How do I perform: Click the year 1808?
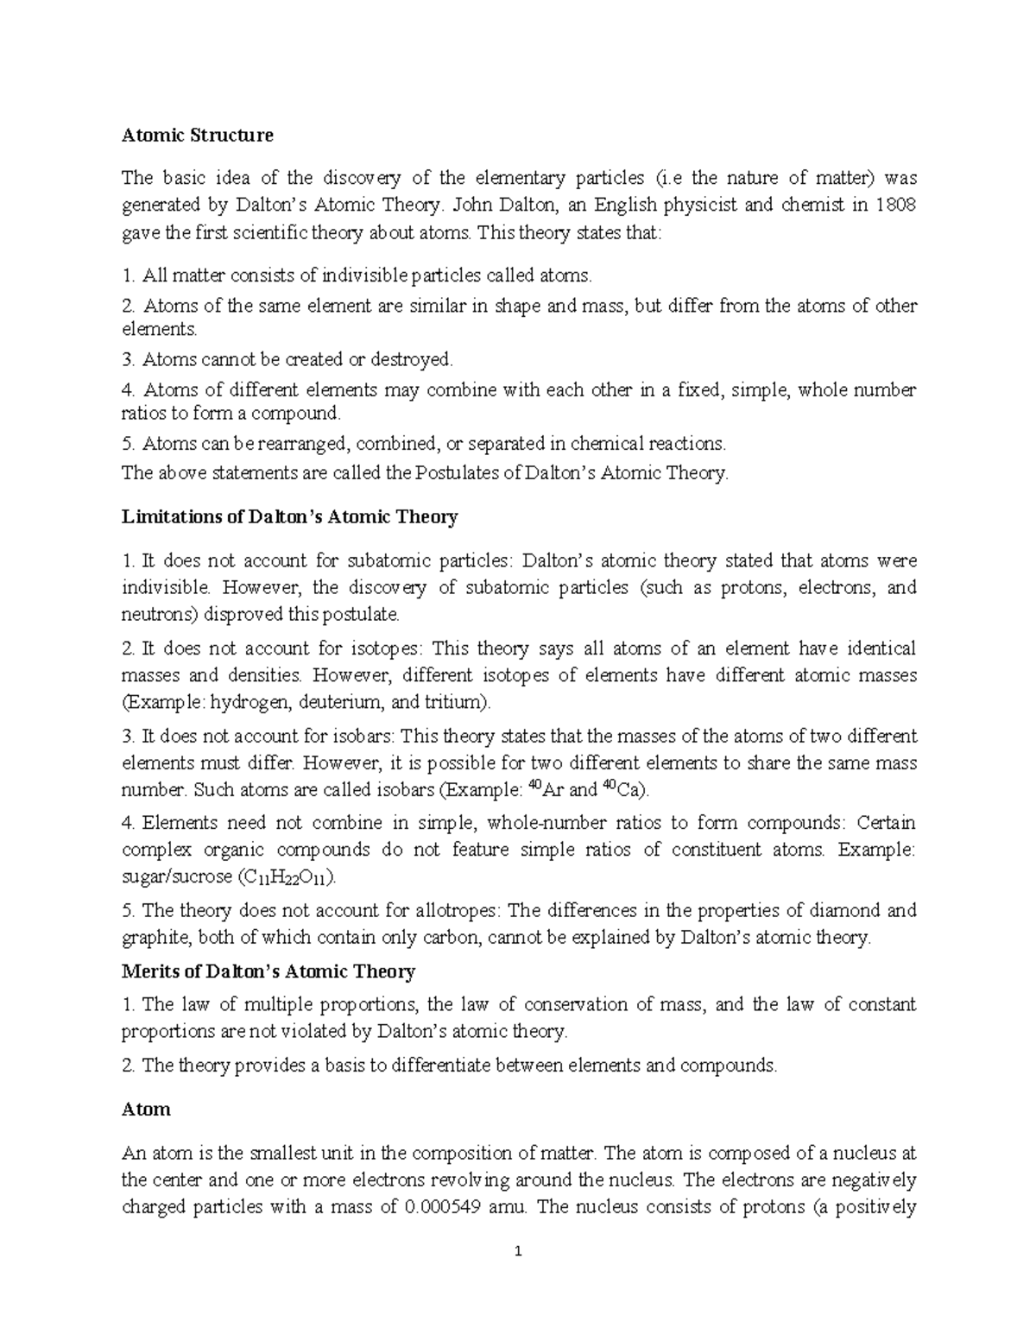tap(894, 206)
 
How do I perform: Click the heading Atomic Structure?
tap(197, 135)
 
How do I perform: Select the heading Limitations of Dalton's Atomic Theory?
tap(289, 517)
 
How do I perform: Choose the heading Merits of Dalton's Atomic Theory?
tap(268, 971)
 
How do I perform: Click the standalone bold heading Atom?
tap(146, 1109)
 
